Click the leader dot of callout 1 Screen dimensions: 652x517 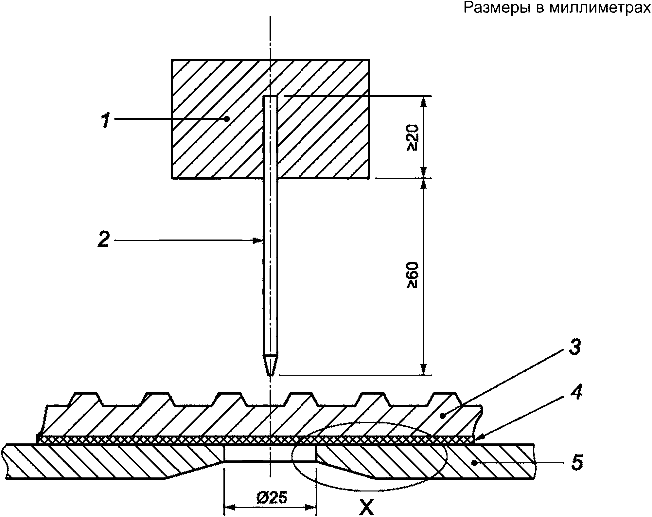(x=227, y=120)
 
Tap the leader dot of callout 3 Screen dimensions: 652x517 (x=442, y=416)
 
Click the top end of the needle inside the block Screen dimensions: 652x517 (x=270, y=96)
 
